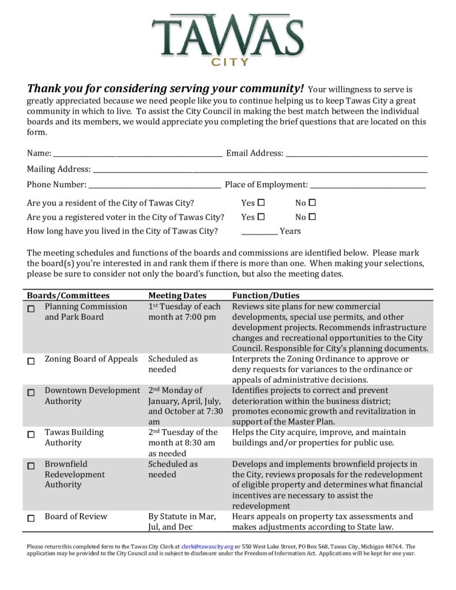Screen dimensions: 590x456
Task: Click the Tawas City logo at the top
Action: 228,39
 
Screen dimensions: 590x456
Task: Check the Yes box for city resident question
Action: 261,203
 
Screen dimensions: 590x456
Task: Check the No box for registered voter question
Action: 312,217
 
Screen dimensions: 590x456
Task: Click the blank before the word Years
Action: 259,232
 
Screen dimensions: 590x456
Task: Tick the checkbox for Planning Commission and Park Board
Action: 31,309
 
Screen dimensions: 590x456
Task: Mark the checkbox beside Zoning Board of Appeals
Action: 31,362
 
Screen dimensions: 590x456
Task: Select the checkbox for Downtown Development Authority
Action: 31,393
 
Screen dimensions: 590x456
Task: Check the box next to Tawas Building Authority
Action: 31,435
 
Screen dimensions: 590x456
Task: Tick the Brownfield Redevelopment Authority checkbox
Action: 31,467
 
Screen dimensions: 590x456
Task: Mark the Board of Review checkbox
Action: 31,519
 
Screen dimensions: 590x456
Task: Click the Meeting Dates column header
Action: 177,296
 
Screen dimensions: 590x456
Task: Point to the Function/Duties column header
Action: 266,296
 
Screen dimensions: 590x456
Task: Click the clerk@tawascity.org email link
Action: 207,546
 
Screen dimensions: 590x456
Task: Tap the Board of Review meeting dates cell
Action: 182,521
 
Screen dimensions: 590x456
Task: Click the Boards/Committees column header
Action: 68,296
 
